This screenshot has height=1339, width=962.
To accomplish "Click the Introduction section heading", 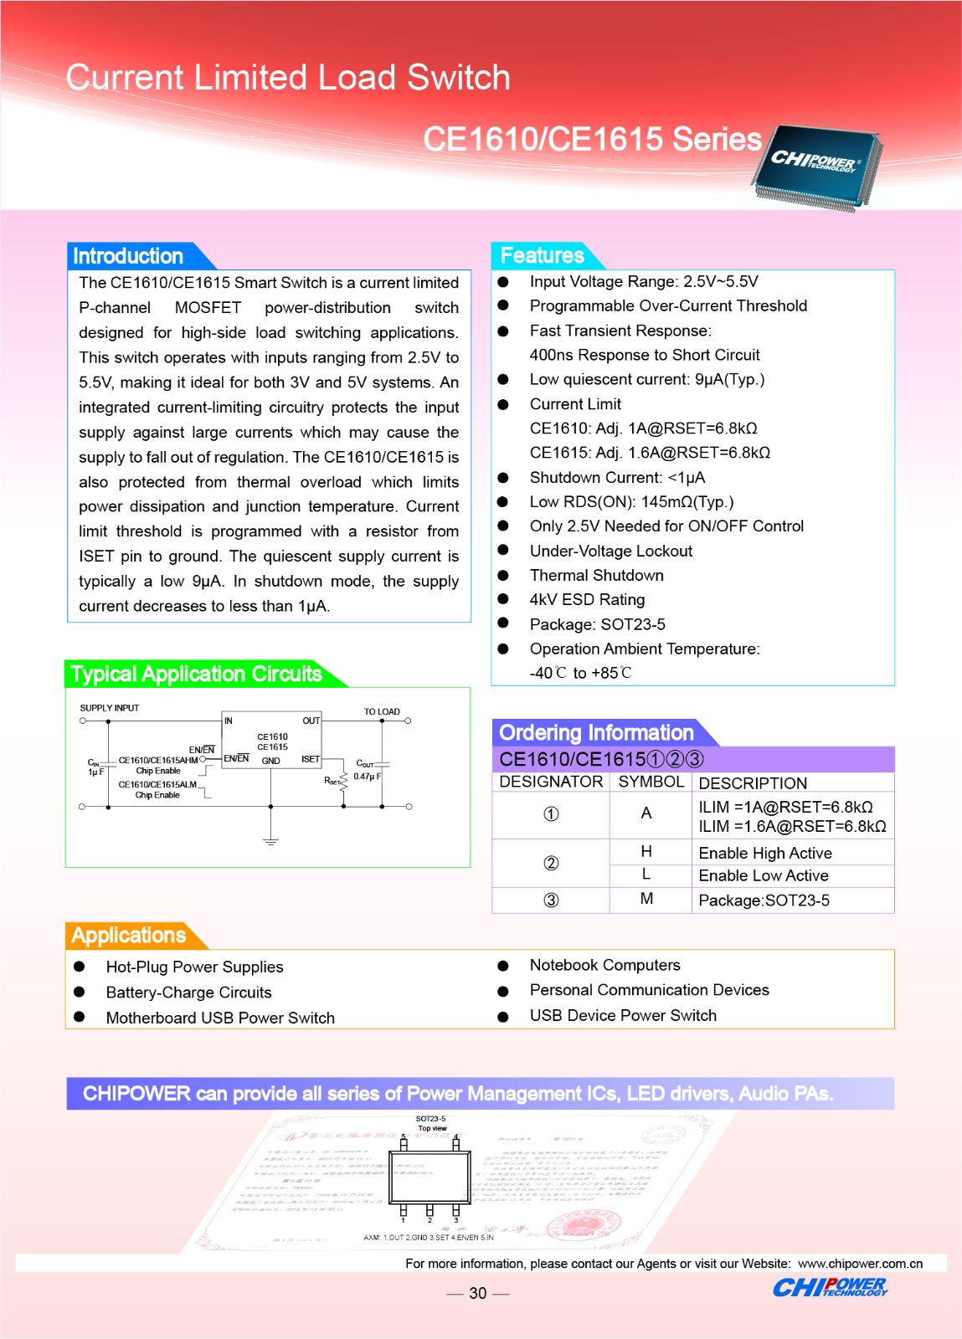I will pos(128,256).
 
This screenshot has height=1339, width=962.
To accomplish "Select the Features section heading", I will pos(542,255).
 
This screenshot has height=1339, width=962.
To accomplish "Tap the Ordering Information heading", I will pos(596,733).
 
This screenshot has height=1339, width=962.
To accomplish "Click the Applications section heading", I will pos(129,935).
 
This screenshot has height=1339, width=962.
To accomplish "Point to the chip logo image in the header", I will pos(815,165).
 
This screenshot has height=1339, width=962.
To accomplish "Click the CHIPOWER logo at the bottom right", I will pos(830,1288).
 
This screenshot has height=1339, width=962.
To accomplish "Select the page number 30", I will pos(477,1293).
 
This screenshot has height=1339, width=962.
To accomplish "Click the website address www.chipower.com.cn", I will pos(860,1264).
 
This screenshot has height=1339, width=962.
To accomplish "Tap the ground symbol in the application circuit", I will pos(270,839).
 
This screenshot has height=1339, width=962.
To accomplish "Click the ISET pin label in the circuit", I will pos(311,760).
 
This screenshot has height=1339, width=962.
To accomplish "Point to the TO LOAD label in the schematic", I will pos(382,711).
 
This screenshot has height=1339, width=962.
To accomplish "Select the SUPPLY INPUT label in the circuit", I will pos(110,708).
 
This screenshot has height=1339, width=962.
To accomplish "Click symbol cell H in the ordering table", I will pos(646,851).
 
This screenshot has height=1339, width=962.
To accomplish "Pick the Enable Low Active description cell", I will pos(764,875).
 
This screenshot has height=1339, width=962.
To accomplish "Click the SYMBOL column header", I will pos(651,782).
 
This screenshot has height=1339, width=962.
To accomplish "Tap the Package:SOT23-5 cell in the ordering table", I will pos(764,900).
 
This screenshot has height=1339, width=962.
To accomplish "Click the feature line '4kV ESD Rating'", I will pos(587,599).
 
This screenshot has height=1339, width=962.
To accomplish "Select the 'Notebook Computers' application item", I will pos(604,965).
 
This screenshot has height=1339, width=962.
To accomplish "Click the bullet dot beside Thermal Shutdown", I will pos(503,576).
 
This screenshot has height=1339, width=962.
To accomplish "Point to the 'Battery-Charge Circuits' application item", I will pos(188,993).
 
